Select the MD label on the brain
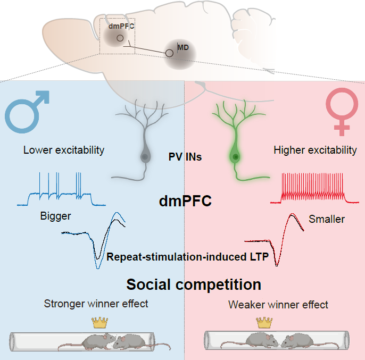pyautogui.click(x=183, y=47)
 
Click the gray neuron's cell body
pyautogui.click(x=144, y=157)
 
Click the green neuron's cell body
pyautogui.click(x=234, y=157)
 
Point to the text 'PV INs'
pyautogui.click(x=183, y=157)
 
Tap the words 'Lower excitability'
pyautogui.click(x=64, y=150)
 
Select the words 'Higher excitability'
pyautogui.click(x=315, y=150)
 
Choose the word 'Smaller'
pyautogui.click(x=327, y=219)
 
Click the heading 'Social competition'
pyautogui.click(x=193, y=284)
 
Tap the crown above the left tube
pyautogui.click(x=99, y=322)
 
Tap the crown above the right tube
pyautogui.click(x=264, y=322)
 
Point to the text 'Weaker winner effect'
pyautogui.click(x=278, y=305)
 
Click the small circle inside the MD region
pyautogui.click(x=169, y=53)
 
